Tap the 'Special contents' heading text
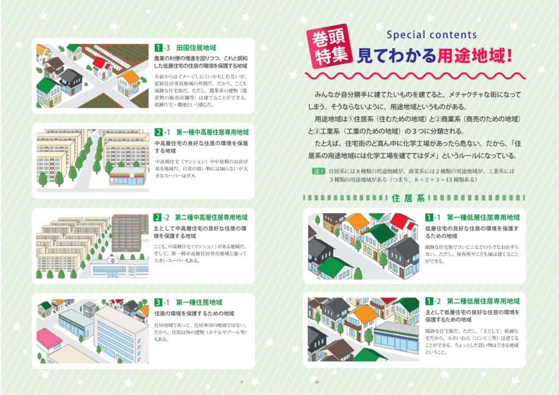[x=431, y=35]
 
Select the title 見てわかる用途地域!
[x=434, y=55]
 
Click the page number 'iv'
[x=317, y=382]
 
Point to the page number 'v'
[x=241, y=382]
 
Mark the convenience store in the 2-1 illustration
[x=128, y=176]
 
